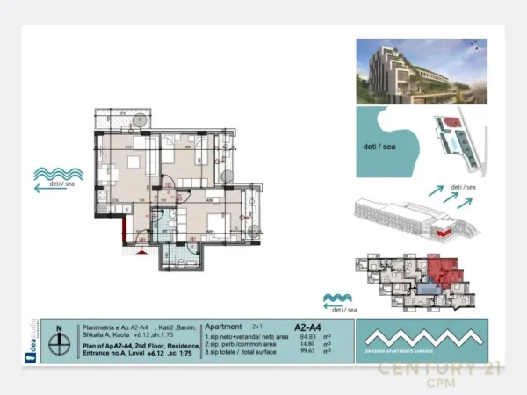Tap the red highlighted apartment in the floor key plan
(444, 269)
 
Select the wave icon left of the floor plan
(59, 174)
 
